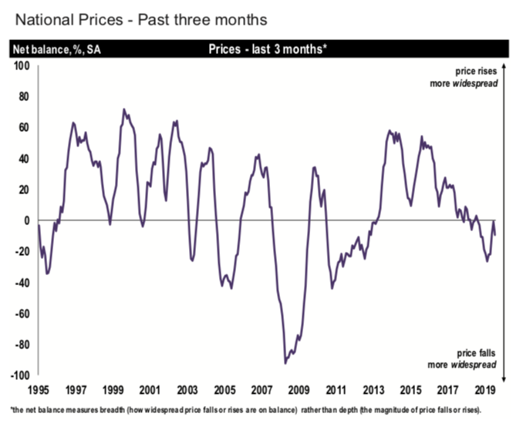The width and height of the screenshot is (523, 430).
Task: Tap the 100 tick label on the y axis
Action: point(21,66)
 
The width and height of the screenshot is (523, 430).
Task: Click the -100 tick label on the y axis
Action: point(19,376)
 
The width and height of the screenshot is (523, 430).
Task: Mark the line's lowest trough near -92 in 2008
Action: point(285,363)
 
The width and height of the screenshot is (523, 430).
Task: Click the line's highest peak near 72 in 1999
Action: point(124,109)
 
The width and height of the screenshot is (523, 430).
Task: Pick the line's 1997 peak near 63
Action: point(73,123)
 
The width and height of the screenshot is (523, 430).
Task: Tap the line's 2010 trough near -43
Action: point(332,288)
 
